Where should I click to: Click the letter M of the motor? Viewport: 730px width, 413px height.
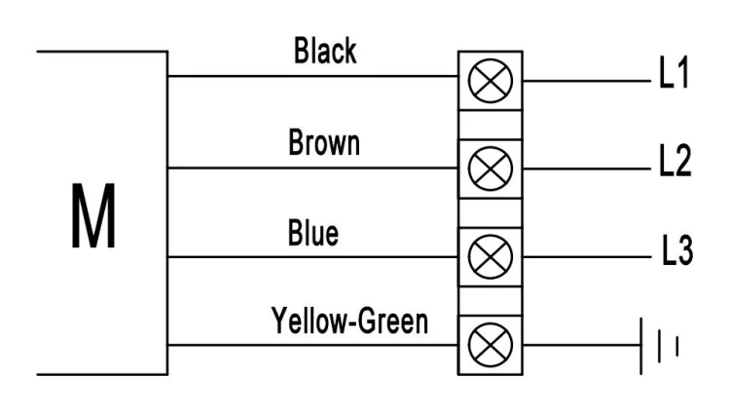(93, 216)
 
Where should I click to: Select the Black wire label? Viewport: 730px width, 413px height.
(325, 51)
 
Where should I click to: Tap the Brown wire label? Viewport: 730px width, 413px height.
(324, 142)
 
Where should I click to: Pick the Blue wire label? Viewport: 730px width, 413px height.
(312, 232)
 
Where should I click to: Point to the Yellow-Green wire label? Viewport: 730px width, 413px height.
(349, 321)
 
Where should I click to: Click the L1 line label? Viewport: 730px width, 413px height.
(674, 72)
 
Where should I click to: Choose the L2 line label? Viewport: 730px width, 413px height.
(675, 160)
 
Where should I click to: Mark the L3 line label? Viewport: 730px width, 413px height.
(677, 250)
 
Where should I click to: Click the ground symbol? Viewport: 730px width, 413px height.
(659, 346)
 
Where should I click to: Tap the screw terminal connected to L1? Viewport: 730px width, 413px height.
(491, 81)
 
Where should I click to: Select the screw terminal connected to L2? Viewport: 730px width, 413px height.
(491, 169)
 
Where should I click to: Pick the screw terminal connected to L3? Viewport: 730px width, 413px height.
(491, 257)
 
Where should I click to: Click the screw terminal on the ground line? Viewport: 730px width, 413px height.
(491, 345)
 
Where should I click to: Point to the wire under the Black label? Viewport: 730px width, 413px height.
(312, 76)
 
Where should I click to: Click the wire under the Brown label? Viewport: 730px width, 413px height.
(312, 168)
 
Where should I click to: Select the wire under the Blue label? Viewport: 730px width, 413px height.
(312, 257)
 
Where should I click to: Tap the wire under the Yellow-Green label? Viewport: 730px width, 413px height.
(312, 346)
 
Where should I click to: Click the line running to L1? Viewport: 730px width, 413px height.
(587, 81)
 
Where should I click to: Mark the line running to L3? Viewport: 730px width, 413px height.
(587, 257)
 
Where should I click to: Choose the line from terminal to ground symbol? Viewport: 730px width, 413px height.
(581, 346)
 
